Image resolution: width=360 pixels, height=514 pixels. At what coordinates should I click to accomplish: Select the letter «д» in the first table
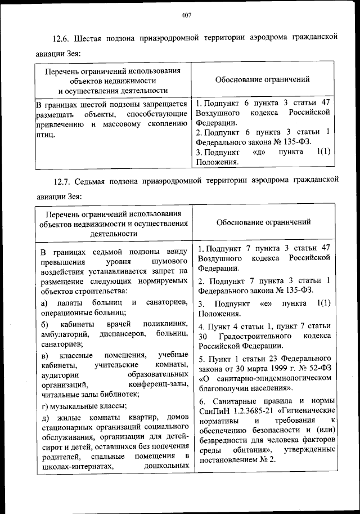pos(260,151)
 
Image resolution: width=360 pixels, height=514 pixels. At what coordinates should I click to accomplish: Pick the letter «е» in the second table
pos(263,303)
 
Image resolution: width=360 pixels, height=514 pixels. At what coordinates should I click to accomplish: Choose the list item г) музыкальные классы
pos(84,405)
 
